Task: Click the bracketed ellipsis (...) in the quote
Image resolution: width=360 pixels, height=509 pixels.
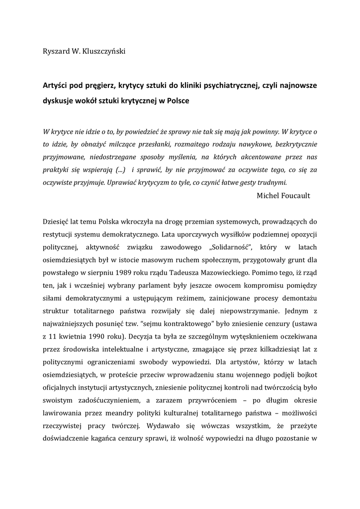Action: tap(118, 170)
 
